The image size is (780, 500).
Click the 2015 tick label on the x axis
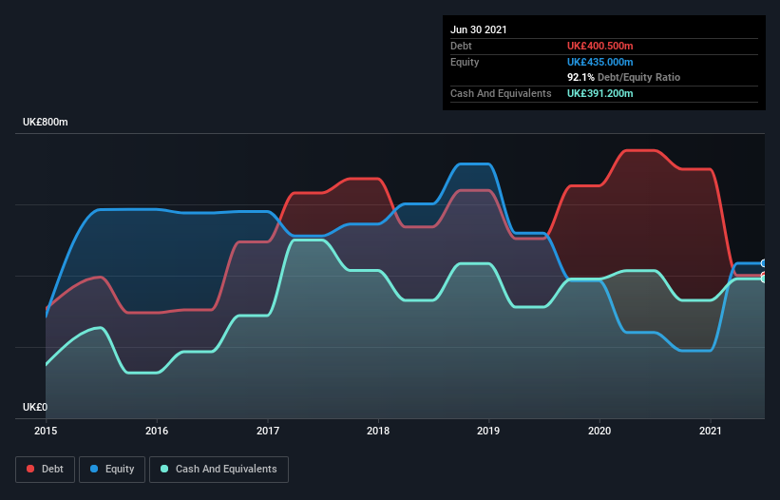pyautogui.click(x=46, y=431)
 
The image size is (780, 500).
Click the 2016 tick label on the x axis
pyautogui.click(x=157, y=431)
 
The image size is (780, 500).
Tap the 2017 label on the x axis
pyautogui.click(x=268, y=431)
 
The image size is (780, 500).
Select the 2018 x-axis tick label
pyautogui.click(x=378, y=431)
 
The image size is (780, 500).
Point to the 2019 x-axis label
pyautogui.click(x=489, y=431)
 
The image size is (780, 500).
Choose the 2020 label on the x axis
pyautogui.click(x=599, y=431)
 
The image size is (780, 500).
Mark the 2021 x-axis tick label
pyautogui.click(x=711, y=431)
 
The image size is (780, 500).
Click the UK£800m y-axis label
pyautogui.click(x=46, y=123)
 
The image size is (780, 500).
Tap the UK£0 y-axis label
pyautogui.click(x=35, y=407)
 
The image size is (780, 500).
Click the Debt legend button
pyautogui.click(x=47, y=469)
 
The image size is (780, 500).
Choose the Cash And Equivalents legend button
pyautogui.click(x=219, y=469)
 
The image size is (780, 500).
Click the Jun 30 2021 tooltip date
pyautogui.click(x=479, y=29)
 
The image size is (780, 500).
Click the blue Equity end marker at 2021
pyautogui.click(x=764, y=263)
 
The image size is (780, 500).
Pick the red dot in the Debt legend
pyautogui.click(x=31, y=469)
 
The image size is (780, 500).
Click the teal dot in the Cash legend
pyautogui.click(x=165, y=469)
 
